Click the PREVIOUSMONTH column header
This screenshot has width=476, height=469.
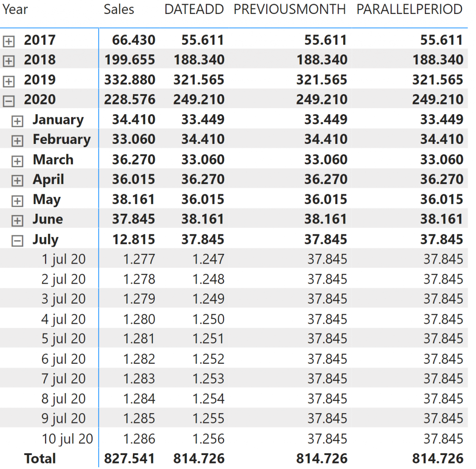tap(290, 9)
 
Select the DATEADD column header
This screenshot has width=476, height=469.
tap(194, 9)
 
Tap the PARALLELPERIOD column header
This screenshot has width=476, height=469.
tap(410, 9)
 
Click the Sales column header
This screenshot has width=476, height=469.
tap(119, 9)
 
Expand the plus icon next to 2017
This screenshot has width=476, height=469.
tap(9, 41)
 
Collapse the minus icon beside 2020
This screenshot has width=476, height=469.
tap(9, 101)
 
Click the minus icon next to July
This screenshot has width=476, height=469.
tap(17, 241)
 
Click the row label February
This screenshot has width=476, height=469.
tap(61, 139)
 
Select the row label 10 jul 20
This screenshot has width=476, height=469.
tap(67, 439)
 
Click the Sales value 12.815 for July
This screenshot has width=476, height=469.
tap(133, 239)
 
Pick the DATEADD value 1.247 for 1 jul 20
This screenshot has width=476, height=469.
tap(208, 259)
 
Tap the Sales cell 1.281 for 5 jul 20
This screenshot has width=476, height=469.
tap(139, 339)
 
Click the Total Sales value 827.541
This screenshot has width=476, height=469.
tap(129, 459)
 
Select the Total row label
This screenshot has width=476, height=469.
tap(40, 459)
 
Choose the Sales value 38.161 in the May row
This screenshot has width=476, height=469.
tap(133, 199)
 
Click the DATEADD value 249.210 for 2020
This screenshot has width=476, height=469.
tap(199, 99)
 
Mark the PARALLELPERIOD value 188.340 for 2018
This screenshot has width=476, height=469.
tap(437, 60)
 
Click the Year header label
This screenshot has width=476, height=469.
tap(15, 9)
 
